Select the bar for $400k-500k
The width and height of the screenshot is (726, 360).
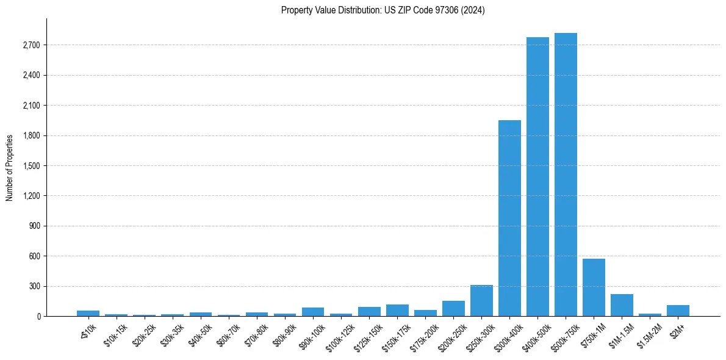[537, 177]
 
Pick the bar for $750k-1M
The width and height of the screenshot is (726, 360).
[594, 287]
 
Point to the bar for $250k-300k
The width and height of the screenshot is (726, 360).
[481, 301]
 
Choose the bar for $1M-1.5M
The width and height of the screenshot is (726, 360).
[622, 305]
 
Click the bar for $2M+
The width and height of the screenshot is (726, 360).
[678, 311]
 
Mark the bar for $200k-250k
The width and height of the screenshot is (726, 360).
[453, 309]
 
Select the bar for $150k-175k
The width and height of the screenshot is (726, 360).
[397, 311]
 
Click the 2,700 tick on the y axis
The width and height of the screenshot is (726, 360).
[31, 45]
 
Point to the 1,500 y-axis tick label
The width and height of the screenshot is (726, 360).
[31, 166]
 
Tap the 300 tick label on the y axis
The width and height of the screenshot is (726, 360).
[35, 286]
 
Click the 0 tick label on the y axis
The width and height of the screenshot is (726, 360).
[38, 317]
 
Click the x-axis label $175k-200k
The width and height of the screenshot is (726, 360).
[424, 334]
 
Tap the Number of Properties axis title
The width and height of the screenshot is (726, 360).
[10, 168]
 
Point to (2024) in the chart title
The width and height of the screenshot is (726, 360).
[474, 10]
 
